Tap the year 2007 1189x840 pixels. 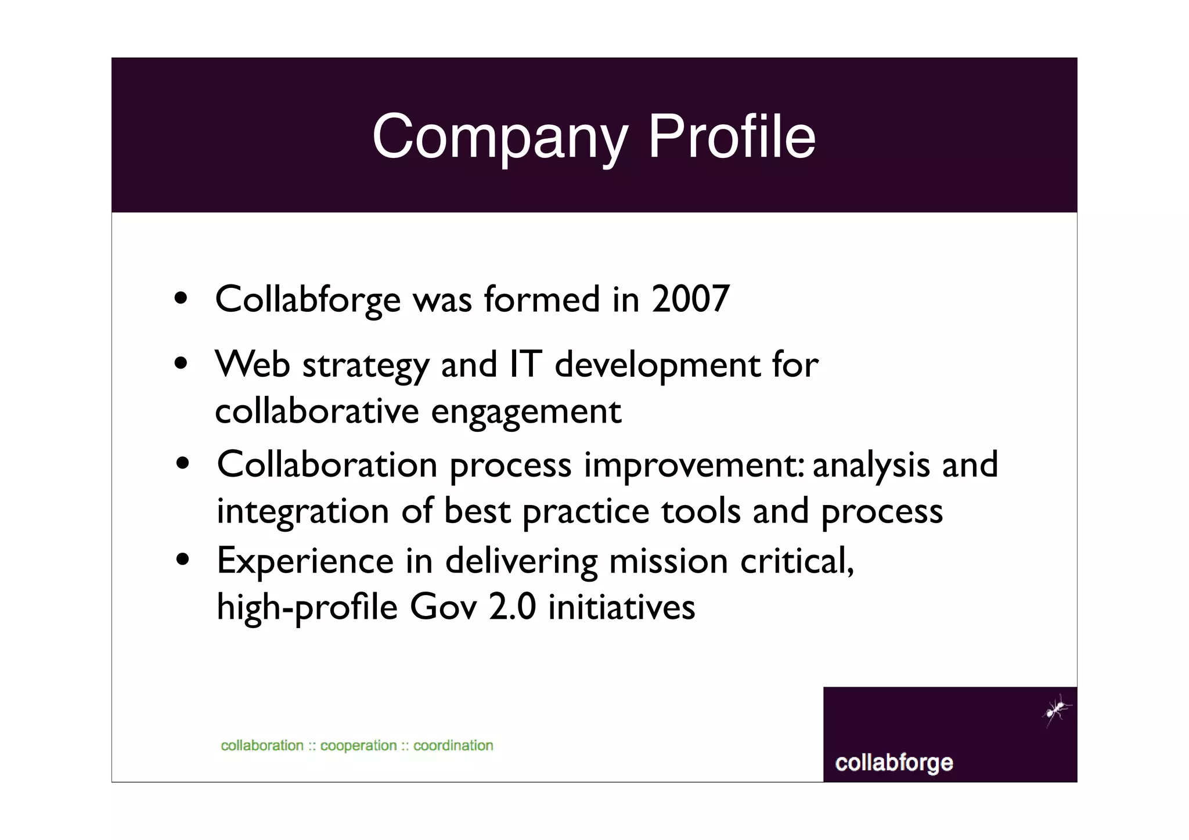[x=690, y=300]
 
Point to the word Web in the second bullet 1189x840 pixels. [x=253, y=365]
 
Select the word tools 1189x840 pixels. [x=701, y=511]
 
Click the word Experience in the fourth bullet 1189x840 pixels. [x=305, y=561]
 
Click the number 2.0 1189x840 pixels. [x=512, y=607]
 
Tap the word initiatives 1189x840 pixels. [x=621, y=607]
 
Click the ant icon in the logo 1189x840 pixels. [x=1057, y=709]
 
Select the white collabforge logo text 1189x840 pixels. [x=893, y=763]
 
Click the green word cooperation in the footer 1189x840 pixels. [x=358, y=745]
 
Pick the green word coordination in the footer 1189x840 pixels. [x=453, y=745]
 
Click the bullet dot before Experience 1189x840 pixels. [x=183, y=560]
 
